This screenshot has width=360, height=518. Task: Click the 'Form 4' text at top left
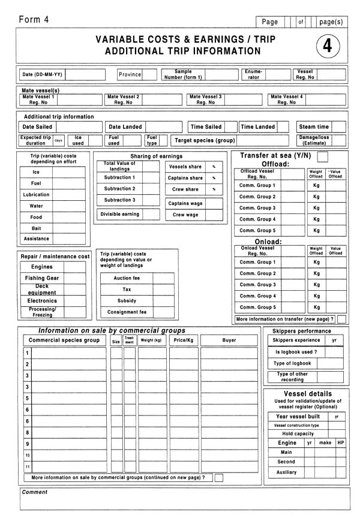click(34, 20)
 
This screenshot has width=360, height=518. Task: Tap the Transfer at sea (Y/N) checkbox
click(323, 156)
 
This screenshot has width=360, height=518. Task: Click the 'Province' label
click(130, 75)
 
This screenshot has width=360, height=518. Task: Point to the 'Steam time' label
click(314, 127)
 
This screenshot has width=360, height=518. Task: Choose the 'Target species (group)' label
click(205, 140)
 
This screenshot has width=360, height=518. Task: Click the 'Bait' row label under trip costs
click(37, 228)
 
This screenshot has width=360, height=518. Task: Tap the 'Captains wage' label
click(185, 203)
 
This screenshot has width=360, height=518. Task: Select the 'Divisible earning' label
click(120, 214)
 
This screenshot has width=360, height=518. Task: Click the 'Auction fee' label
click(127, 278)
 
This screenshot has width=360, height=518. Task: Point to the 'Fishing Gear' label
click(42, 278)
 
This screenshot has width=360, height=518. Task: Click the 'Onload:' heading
click(268, 242)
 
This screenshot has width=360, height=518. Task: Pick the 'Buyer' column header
click(229, 340)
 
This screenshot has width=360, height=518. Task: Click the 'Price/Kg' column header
click(183, 340)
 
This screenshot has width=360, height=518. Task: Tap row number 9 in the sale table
click(28, 444)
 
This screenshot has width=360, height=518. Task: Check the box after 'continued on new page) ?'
click(219, 478)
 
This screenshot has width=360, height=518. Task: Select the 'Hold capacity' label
click(298, 433)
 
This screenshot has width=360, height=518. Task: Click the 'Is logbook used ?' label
click(292, 352)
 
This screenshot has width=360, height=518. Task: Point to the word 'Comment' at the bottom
click(35, 492)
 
